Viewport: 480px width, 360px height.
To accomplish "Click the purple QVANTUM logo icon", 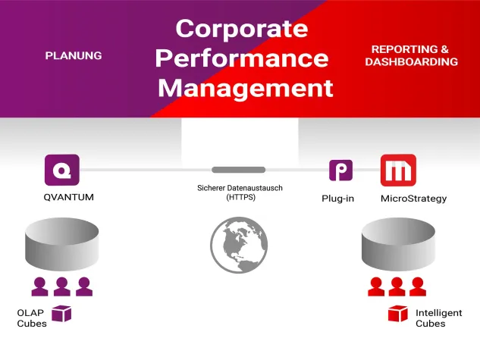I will click(62, 170).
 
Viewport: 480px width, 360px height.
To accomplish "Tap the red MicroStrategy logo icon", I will click(397, 171).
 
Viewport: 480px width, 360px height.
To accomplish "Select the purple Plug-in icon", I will click(340, 171).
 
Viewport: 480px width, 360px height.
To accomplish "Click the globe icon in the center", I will click(239, 244).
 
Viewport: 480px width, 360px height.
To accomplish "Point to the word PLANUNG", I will click(74, 55).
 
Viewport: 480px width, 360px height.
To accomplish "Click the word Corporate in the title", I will click(242, 29).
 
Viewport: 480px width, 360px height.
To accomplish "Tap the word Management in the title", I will click(246, 87).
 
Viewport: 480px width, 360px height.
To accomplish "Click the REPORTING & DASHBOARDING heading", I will click(411, 55).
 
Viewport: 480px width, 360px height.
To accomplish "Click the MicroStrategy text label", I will click(413, 199).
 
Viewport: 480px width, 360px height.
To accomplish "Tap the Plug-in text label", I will click(338, 199).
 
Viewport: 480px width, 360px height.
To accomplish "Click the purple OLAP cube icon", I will click(61, 314).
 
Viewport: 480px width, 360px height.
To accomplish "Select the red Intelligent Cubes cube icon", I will click(397, 314).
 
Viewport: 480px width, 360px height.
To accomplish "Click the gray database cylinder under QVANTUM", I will click(62, 244).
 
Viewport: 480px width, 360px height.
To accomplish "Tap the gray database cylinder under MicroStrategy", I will click(397, 244).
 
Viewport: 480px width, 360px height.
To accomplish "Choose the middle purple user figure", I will click(62, 286).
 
